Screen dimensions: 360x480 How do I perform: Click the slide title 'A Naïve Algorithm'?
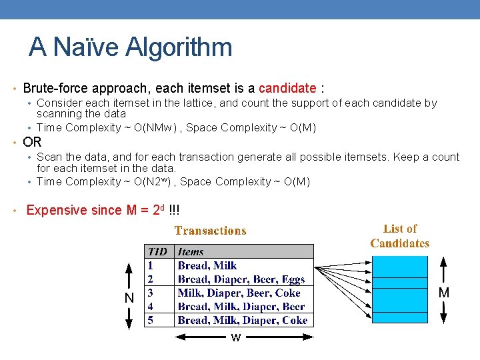(x=131, y=47)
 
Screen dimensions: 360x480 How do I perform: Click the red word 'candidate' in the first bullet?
(x=287, y=88)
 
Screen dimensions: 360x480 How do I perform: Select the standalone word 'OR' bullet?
(x=33, y=142)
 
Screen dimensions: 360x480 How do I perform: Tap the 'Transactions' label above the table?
(x=210, y=231)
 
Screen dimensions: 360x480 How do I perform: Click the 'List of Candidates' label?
(x=400, y=236)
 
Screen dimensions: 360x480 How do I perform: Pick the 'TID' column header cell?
(x=159, y=251)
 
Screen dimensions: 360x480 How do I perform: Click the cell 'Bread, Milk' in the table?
(x=207, y=265)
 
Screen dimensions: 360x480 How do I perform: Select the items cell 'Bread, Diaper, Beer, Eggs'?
(x=241, y=279)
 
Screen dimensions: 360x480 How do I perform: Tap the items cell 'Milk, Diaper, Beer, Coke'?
(x=239, y=293)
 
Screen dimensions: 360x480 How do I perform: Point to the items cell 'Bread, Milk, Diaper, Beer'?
(x=241, y=307)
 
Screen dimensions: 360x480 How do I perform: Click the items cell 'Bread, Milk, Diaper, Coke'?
(x=242, y=320)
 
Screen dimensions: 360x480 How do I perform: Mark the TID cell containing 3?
(x=151, y=293)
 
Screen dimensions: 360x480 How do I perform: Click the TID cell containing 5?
(x=151, y=320)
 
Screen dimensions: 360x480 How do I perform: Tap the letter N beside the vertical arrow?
(x=129, y=297)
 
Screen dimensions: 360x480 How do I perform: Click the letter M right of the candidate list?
(x=443, y=293)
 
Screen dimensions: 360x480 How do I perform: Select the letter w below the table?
(x=235, y=338)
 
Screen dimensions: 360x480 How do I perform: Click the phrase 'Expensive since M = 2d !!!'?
(x=103, y=210)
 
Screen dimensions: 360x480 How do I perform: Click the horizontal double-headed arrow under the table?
(x=200, y=337)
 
